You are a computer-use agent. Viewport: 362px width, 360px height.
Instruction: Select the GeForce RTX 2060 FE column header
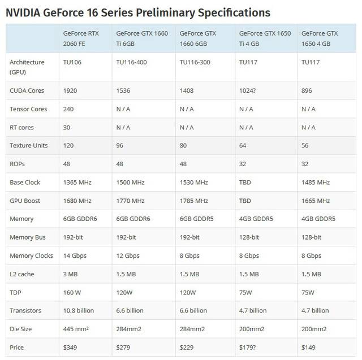tap(81, 38)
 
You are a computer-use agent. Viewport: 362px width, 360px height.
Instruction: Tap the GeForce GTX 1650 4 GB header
tap(320, 38)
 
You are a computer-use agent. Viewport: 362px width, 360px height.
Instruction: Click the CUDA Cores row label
tap(27, 90)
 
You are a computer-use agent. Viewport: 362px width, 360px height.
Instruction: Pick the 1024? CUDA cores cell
tap(249, 90)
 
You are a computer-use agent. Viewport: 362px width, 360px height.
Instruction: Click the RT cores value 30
tap(67, 127)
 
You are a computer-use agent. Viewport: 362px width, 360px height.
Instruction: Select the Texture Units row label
tap(28, 145)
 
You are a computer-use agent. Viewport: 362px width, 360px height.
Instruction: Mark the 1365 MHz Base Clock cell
tap(77, 183)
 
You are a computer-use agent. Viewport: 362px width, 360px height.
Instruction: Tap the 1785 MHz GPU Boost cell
tap(193, 201)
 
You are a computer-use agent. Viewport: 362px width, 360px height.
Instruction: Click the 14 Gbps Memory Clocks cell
tap(76, 255)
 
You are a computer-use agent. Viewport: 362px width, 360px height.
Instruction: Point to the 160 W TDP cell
tap(73, 292)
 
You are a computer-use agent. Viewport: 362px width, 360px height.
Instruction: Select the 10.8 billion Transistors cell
tap(79, 310)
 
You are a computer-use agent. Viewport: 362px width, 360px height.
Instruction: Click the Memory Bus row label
tap(28, 237)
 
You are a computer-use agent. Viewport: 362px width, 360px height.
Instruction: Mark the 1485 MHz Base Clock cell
tap(316, 183)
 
